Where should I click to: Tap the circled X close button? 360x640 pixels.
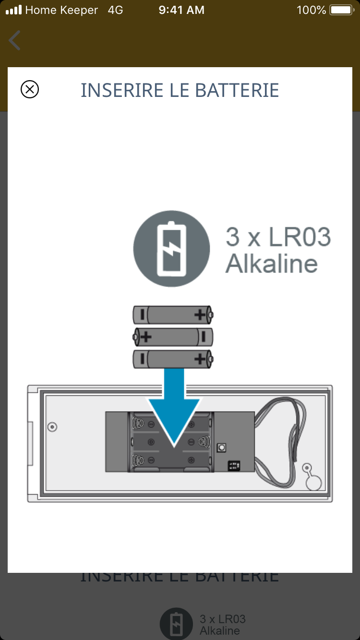click(30, 90)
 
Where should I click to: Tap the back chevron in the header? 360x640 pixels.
click(15, 40)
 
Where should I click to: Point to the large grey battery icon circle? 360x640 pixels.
click(171, 249)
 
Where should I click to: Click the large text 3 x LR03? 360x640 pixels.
click(278, 237)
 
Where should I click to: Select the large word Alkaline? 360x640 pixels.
click(272, 263)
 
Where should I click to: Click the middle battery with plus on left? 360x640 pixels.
click(173, 337)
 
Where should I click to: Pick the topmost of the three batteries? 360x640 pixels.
click(173, 315)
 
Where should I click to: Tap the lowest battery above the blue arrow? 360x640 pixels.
click(173, 359)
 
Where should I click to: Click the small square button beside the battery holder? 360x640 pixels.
click(222, 447)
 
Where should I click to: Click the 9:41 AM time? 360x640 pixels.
click(181, 10)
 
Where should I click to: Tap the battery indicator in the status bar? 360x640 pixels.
click(342, 10)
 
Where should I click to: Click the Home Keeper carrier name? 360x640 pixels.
click(61, 10)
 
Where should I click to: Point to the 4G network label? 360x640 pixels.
click(116, 10)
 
